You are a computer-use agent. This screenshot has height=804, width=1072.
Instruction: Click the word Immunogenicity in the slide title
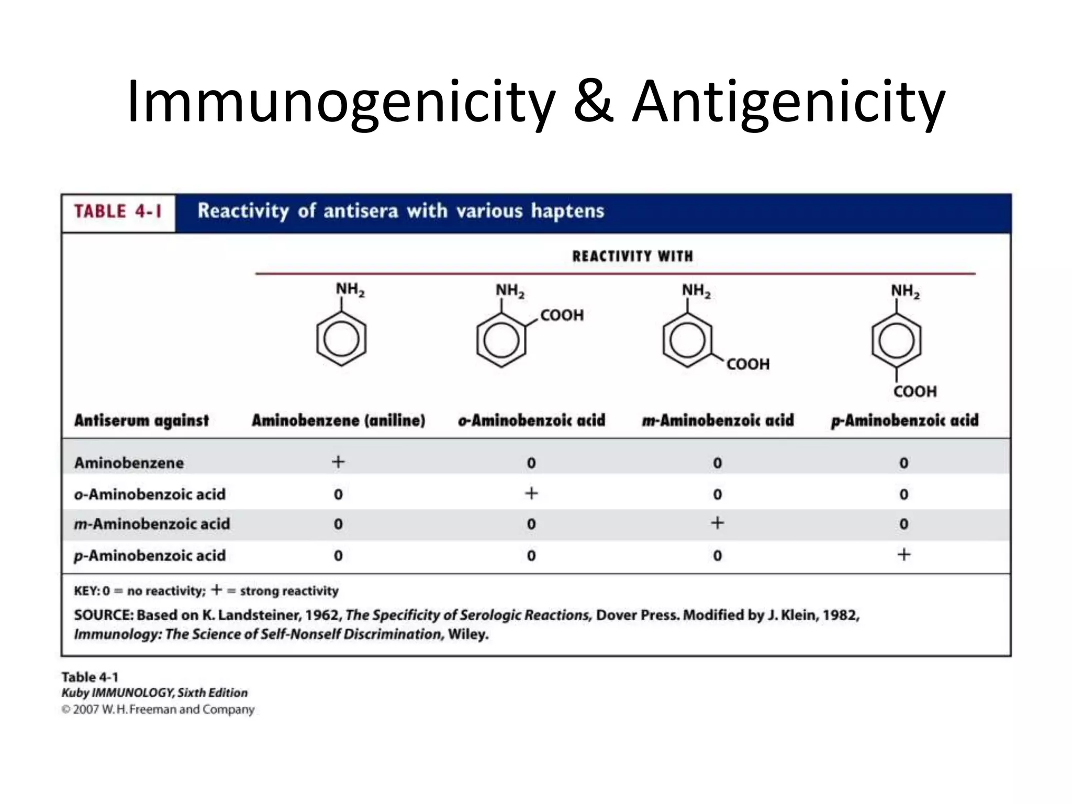(341, 102)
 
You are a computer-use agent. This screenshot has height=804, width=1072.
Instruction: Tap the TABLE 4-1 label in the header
(118, 211)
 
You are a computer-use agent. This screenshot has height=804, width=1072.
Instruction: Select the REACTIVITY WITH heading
(632, 256)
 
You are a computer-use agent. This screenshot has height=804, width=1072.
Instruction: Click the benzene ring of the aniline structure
(341, 339)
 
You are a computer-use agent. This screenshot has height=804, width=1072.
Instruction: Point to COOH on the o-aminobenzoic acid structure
(562, 315)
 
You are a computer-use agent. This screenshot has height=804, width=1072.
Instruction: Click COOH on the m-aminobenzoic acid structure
(748, 364)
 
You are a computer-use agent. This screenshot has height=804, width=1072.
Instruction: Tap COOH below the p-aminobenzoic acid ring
(915, 391)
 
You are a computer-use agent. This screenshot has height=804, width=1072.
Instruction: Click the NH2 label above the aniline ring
(350, 289)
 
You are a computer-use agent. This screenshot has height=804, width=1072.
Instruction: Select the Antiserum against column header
(141, 420)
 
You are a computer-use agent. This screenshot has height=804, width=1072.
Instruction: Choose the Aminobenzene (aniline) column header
(338, 420)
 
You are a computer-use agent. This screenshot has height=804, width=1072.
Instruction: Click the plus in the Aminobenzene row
(338, 462)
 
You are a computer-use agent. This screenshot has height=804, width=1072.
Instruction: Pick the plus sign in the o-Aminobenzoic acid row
(531, 493)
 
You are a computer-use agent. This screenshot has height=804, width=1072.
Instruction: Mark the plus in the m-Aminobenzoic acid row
(717, 523)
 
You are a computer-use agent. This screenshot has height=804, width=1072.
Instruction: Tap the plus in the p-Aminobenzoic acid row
(904, 554)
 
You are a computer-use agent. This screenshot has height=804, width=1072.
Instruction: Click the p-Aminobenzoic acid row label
(150, 555)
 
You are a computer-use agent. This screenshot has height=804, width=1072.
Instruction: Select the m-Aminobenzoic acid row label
(152, 524)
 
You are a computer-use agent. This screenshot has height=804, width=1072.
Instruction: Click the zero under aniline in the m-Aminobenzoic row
(338, 524)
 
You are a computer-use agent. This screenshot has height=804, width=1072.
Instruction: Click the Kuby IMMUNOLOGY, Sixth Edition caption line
(154, 693)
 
